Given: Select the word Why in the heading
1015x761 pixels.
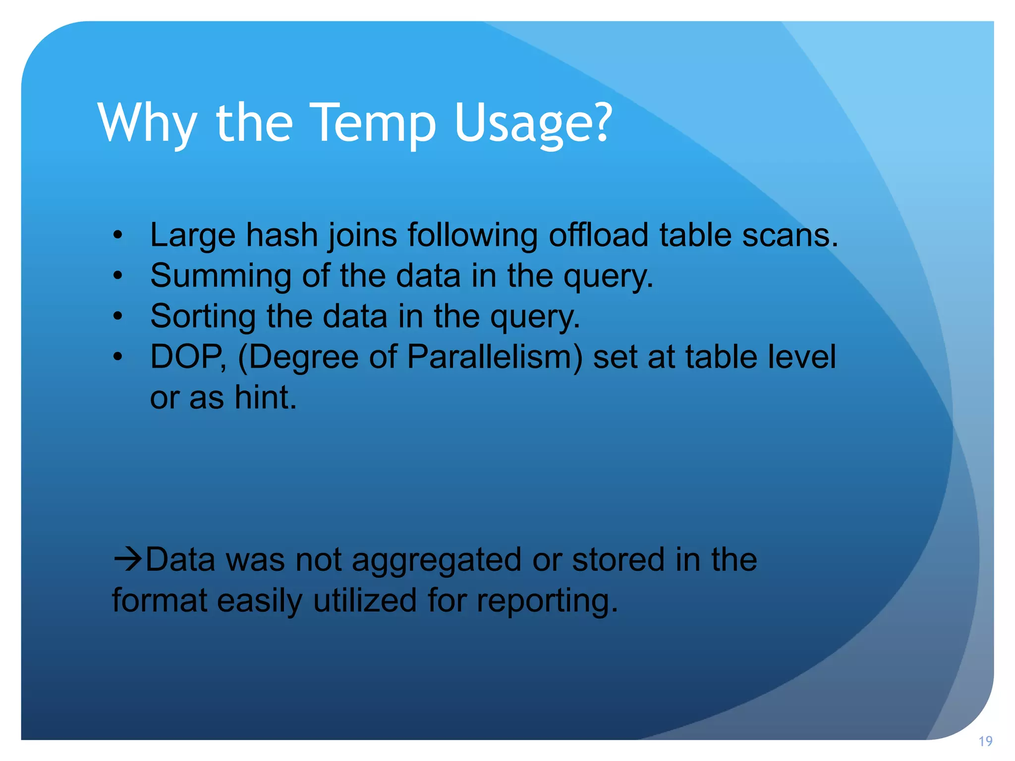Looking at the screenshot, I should [x=148, y=124].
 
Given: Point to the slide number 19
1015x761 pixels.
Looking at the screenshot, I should [x=985, y=741].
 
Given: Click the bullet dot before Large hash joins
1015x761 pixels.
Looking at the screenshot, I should [x=117, y=235].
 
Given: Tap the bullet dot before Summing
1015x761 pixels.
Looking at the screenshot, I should [x=117, y=275].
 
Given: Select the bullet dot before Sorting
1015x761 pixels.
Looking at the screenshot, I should [x=117, y=316].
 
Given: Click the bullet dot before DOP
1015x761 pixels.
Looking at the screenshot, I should [x=117, y=357].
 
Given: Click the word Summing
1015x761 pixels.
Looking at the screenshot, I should [x=221, y=276].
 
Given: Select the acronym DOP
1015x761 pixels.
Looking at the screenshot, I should [x=186, y=357].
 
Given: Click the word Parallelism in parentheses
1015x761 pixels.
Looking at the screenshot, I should [x=496, y=357].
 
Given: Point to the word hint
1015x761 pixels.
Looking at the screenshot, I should [x=265, y=397].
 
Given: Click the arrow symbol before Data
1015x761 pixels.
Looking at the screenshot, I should [x=128, y=560].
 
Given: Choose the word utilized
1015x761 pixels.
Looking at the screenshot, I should [x=365, y=600].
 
